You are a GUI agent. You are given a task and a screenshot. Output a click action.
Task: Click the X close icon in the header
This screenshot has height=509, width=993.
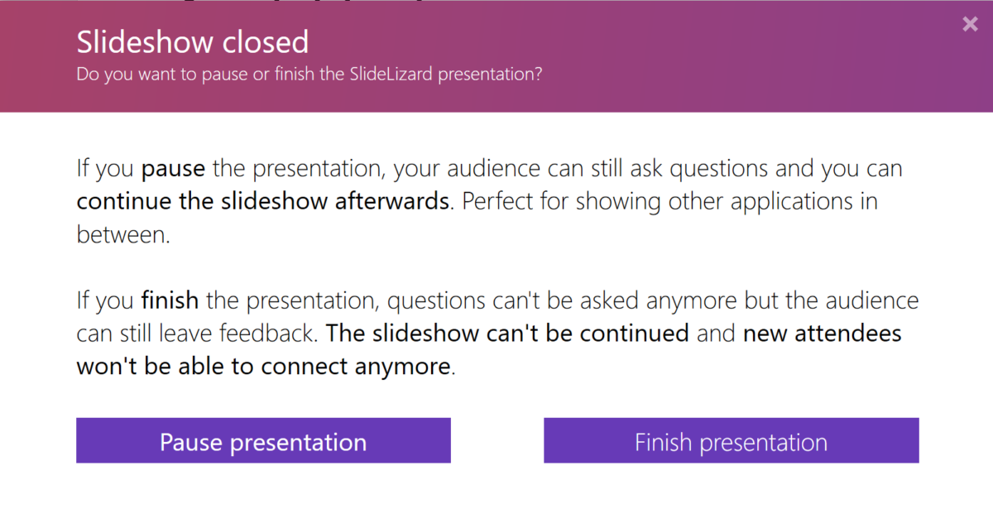coord(971,25)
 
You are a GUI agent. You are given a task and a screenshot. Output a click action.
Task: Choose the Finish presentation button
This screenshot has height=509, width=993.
coord(731,441)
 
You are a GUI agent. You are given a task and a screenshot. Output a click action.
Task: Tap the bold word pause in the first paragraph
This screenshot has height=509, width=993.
coord(173,170)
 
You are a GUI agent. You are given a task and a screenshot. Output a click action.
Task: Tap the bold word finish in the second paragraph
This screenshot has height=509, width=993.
coord(170,300)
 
